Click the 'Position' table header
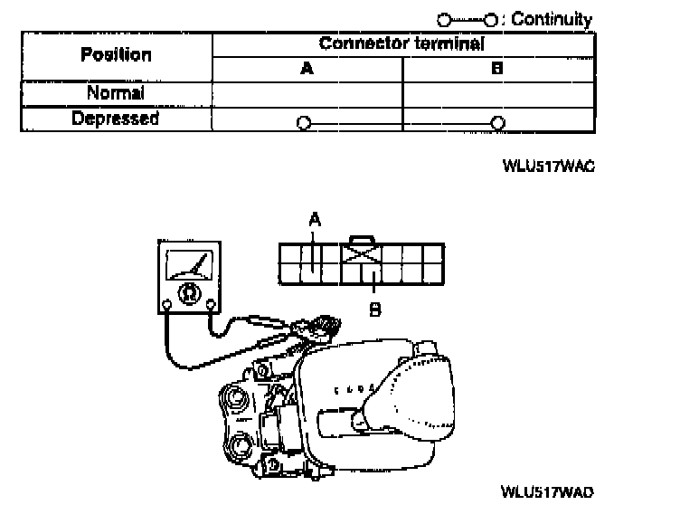[x=116, y=54]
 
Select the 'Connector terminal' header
[x=401, y=43]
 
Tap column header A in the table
[x=307, y=68]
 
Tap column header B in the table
[x=497, y=68]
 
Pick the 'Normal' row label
[x=116, y=93]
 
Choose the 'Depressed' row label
[x=116, y=119]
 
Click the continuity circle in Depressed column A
[x=304, y=122]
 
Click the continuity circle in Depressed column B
[x=496, y=122]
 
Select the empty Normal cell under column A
[x=307, y=93]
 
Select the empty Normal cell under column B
[x=497, y=93]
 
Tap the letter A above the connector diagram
[x=314, y=218]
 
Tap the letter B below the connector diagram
[x=373, y=310]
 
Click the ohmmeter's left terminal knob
[x=168, y=303]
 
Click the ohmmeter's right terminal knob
[x=211, y=303]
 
